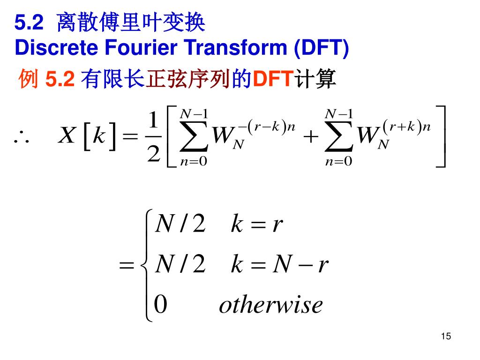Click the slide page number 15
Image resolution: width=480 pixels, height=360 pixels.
[446, 337]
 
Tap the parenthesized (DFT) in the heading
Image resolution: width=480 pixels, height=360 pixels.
[321, 48]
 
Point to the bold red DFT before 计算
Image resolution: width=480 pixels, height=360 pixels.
[273, 79]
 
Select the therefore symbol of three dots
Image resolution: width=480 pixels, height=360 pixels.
[22, 137]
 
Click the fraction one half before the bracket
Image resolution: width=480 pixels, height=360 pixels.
[154, 136]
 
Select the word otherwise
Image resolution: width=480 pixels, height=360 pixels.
[271, 305]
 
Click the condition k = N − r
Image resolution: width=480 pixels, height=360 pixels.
[279, 266]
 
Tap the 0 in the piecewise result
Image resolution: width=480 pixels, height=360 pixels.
[160, 305]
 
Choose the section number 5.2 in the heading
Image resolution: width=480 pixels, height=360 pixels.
[29, 23]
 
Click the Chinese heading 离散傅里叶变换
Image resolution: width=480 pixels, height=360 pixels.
[131, 23]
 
